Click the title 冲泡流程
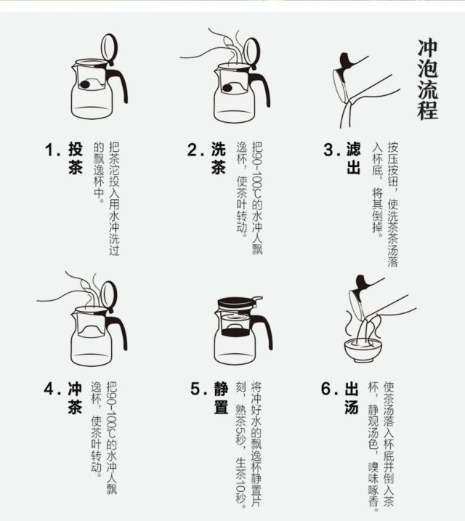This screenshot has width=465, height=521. [428, 80]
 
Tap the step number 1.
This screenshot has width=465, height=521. [52, 150]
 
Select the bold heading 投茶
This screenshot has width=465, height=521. [76, 158]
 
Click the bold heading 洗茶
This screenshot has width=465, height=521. [218, 158]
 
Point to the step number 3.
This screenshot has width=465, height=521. [332, 150]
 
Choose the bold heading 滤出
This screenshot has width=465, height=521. [353, 158]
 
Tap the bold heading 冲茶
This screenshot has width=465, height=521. [75, 397]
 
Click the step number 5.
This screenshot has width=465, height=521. [198, 389]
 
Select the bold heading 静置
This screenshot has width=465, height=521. [221, 397]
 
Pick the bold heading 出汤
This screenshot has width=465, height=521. [352, 397]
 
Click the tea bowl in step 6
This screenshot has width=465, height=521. [363, 350]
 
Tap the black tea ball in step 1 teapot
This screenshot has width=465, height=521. [85, 84]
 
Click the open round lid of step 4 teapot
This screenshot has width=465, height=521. [109, 295]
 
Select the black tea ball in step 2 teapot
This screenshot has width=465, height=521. [227, 88]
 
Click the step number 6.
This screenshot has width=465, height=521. [329, 389]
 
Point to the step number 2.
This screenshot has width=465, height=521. [195, 150]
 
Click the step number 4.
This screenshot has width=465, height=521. [52, 389]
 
